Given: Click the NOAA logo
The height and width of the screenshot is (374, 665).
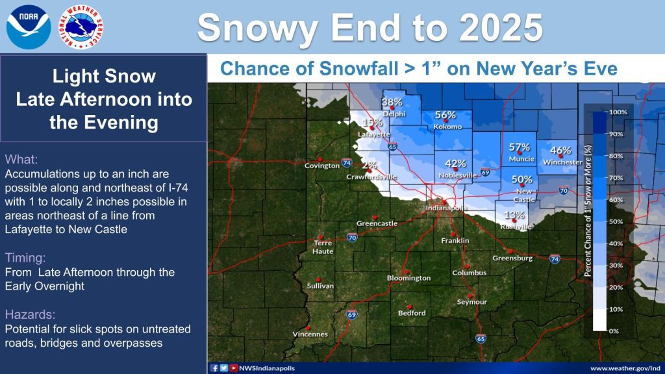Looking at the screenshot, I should (x=28, y=26).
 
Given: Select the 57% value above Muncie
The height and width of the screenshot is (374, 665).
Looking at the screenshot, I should (x=520, y=147).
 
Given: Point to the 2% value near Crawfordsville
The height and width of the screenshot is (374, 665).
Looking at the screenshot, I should (x=369, y=166).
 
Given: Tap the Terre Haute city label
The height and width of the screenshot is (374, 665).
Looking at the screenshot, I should (x=323, y=247).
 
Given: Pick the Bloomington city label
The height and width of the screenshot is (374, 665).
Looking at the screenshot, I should (x=408, y=278).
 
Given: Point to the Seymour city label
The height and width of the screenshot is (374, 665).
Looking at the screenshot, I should (x=471, y=302).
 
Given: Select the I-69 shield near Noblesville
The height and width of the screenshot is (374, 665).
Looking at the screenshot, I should (x=485, y=172).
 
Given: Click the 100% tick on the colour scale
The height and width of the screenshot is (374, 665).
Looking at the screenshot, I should (x=617, y=112).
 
